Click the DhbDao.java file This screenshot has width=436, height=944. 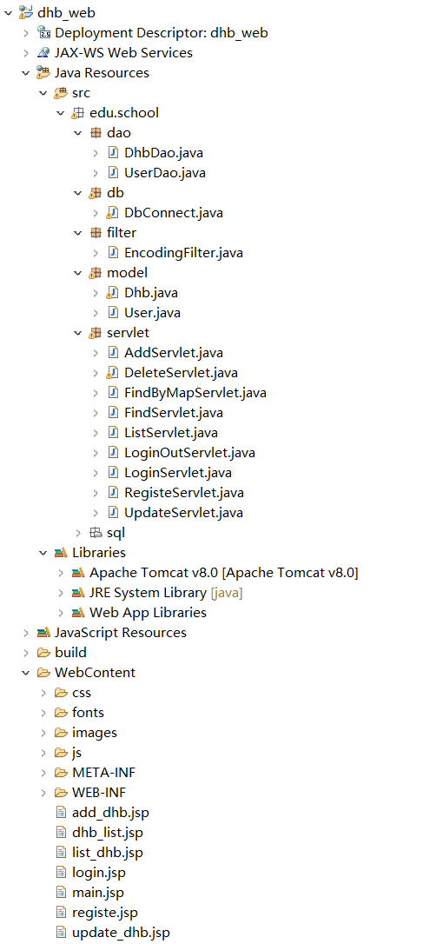[x=164, y=153]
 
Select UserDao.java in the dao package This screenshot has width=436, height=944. [x=165, y=173]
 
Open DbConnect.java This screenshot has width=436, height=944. [x=165, y=212]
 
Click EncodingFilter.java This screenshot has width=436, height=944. [x=183, y=253]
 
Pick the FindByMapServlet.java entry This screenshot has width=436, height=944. [x=195, y=393]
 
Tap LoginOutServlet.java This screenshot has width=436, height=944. [x=186, y=453]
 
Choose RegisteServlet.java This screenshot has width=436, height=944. [x=184, y=493]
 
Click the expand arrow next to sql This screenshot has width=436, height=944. [x=77, y=533]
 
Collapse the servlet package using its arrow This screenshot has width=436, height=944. [x=77, y=333]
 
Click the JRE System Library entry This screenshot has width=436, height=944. [x=166, y=593]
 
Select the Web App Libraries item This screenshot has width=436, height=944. [x=148, y=613]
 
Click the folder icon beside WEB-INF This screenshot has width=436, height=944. [x=61, y=792]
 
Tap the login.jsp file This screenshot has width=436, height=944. [x=99, y=873]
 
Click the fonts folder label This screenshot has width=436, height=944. [x=88, y=713]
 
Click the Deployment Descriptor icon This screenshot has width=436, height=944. [x=43, y=32]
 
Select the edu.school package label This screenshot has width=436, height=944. [x=124, y=113]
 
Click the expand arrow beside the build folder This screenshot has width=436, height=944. [x=26, y=653]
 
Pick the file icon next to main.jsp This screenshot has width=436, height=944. [x=61, y=892]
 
